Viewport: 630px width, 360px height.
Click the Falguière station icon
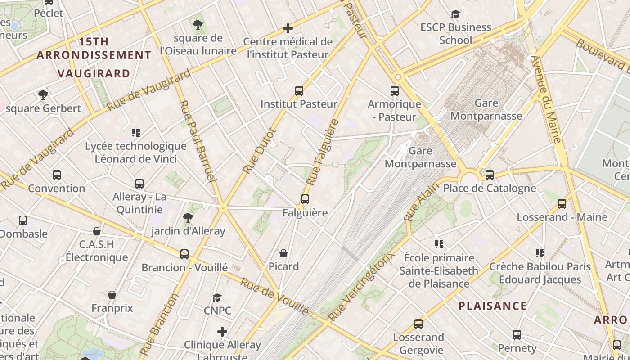305,199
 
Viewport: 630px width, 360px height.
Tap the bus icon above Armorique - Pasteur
395,90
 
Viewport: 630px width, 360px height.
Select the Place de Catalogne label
490,188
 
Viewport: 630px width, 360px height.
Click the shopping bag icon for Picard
283,253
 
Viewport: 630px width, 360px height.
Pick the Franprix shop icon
112,295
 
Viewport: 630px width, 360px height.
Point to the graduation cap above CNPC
217,297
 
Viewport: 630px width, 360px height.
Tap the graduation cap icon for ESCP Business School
456,14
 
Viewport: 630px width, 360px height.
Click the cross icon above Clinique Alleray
222,332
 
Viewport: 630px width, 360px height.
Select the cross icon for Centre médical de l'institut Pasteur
288,28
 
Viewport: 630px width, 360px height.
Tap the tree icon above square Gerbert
43,95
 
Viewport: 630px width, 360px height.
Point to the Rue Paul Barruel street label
198,141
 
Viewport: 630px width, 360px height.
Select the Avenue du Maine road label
547,100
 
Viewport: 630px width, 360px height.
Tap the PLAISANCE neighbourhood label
492,306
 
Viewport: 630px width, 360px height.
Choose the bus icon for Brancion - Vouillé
184,254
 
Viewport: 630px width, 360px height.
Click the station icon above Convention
57,175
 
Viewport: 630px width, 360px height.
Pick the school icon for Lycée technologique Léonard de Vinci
136,132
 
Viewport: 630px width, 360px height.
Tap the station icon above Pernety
517,335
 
